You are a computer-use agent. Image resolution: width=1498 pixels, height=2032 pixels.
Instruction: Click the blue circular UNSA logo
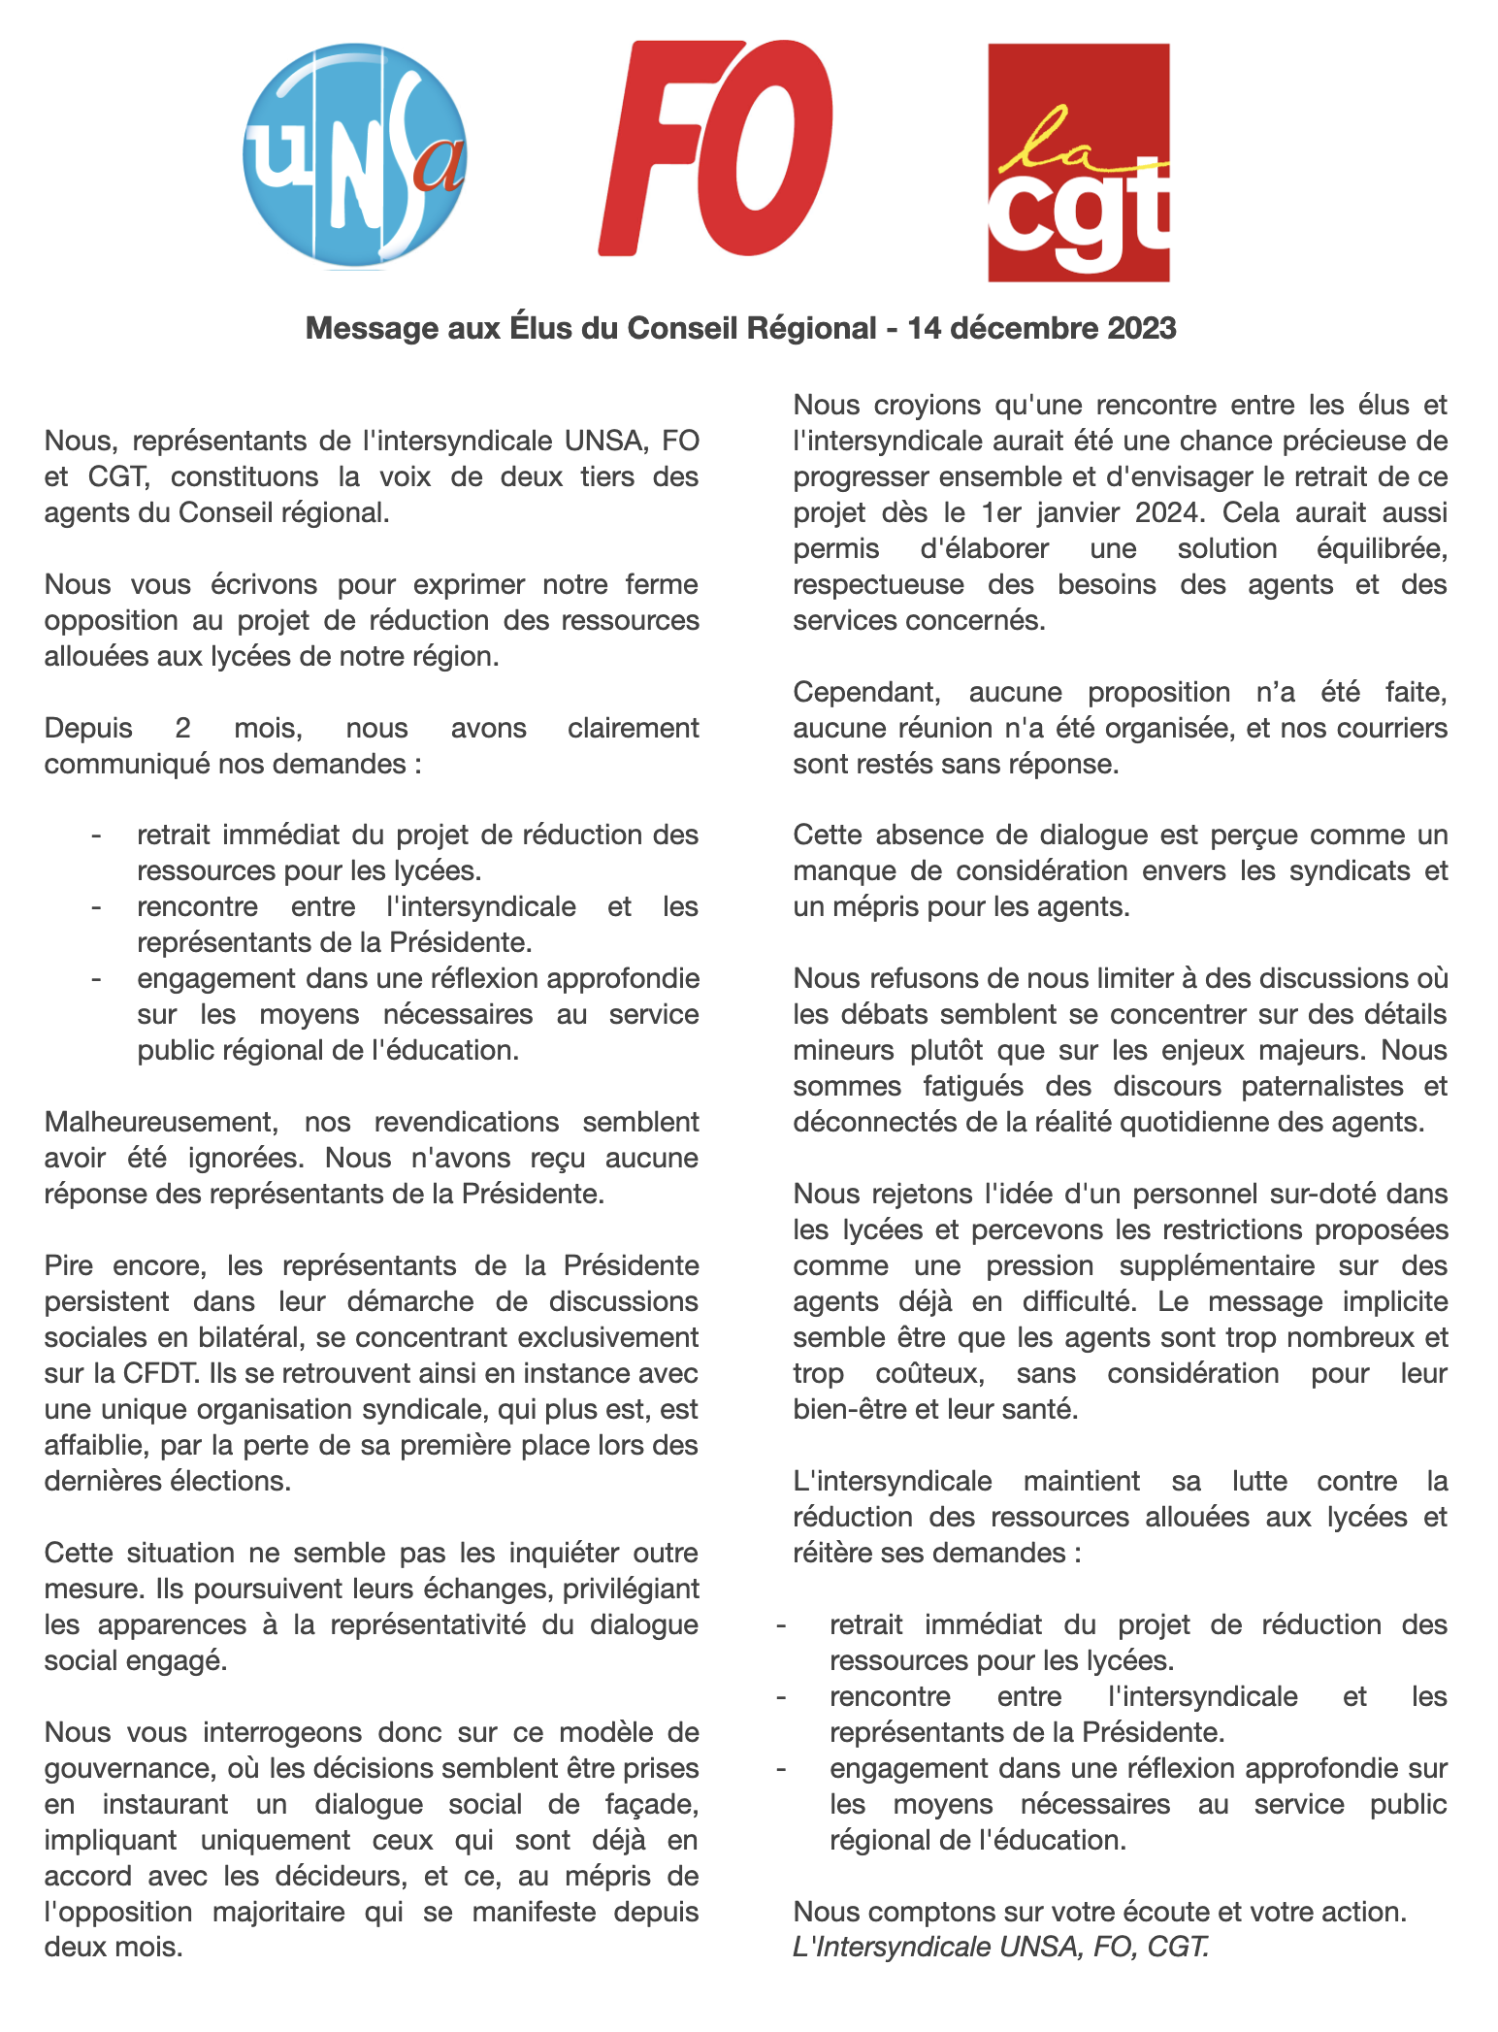click(x=354, y=155)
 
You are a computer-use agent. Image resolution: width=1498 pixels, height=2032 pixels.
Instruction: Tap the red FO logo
click(x=716, y=147)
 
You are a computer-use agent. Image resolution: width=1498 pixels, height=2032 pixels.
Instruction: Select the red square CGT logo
click(x=1078, y=163)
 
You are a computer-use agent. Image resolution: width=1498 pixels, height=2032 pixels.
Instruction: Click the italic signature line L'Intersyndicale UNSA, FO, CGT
click(x=1000, y=1947)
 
